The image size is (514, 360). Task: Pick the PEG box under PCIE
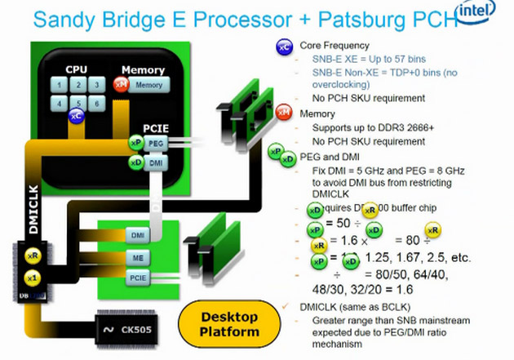tap(157, 144)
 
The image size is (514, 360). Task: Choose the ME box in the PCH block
tap(138, 257)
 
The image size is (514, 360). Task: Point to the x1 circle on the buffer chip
tap(33, 278)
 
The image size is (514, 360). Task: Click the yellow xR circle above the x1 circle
tap(33, 256)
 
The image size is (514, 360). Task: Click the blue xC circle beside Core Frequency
tap(285, 47)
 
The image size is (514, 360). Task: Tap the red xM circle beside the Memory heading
tap(284, 112)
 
